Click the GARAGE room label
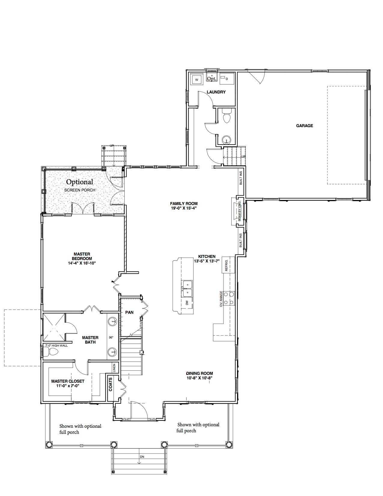[304, 126]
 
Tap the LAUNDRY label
[216, 92]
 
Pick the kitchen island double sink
[187, 289]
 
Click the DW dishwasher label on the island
[187, 303]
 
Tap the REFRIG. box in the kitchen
[228, 265]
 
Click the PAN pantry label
[129, 312]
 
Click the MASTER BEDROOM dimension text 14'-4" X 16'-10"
[82, 263]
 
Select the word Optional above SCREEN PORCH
[80, 182]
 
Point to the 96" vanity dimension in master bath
[111, 338]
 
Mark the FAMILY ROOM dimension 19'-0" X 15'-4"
[184, 208]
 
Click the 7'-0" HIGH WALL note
[56, 345]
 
